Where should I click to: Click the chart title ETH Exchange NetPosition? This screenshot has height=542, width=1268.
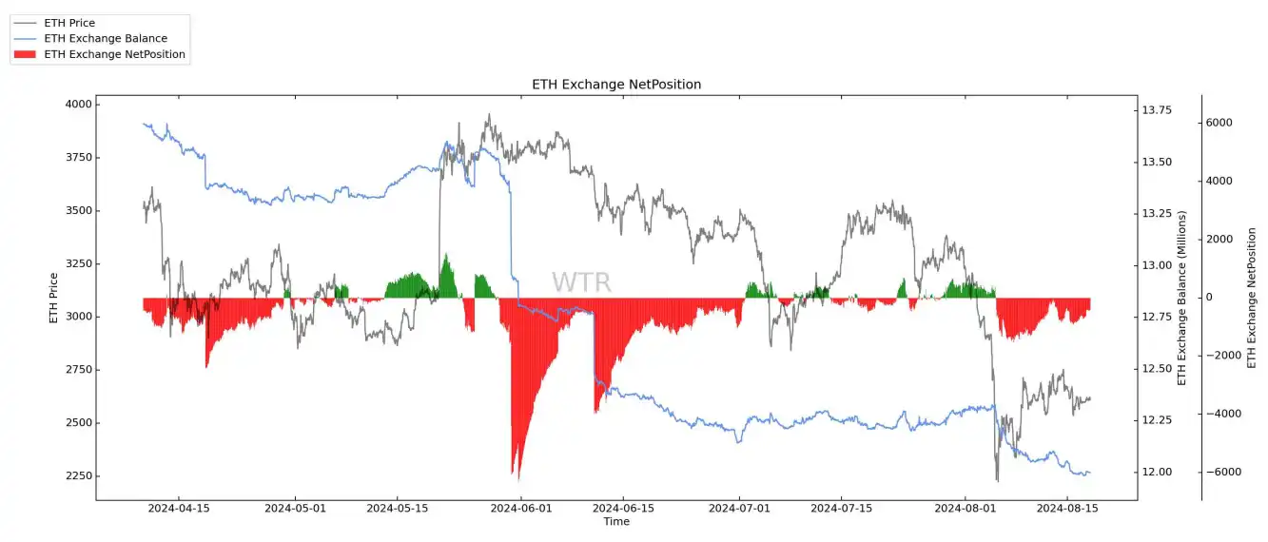tap(616, 85)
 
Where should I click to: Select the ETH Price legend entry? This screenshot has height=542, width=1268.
tap(69, 23)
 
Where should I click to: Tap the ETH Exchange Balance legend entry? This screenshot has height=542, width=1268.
tap(105, 39)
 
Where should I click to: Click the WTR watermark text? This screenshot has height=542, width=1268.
tap(581, 282)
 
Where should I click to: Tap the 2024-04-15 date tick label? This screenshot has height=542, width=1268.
tap(178, 509)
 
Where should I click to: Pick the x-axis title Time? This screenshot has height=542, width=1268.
tap(616, 522)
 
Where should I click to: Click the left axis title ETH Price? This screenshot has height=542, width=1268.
tap(54, 298)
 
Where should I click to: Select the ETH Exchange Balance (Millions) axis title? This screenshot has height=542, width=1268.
tap(1183, 298)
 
